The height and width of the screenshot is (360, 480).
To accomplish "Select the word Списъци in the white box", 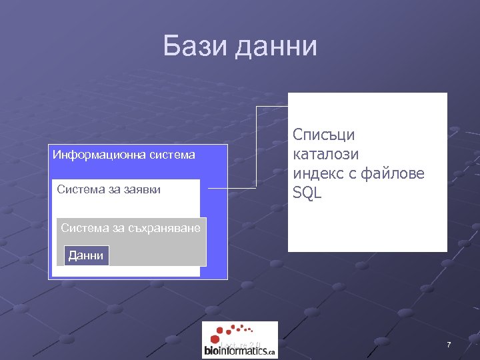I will pyautogui.click(x=324, y=135).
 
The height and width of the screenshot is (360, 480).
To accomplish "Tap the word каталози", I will pyautogui.click(x=326, y=154).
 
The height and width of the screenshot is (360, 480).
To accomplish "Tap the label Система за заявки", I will pyautogui.click(x=109, y=189).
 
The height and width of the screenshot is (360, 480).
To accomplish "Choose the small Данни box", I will pyautogui.click(x=86, y=255).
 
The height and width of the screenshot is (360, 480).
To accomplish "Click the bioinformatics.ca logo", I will pyautogui.click(x=239, y=340).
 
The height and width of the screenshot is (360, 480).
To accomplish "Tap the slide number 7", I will pyautogui.click(x=449, y=345).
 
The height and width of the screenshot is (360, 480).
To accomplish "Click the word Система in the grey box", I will pyautogui.click(x=81, y=228).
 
